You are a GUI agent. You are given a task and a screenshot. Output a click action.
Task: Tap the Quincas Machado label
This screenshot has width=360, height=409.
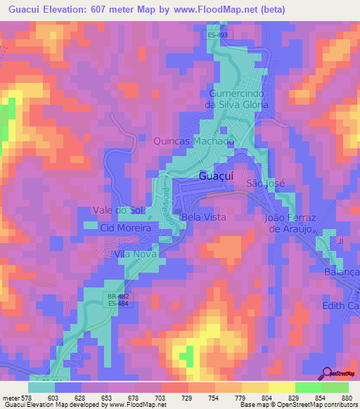click(194, 141)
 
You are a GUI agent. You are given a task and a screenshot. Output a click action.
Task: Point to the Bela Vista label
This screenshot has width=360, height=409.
click(204, 217)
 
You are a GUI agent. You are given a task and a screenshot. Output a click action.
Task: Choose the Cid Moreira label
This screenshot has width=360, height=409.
click(126, 228)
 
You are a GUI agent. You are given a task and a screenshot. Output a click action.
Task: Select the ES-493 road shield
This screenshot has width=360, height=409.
click(217, 34)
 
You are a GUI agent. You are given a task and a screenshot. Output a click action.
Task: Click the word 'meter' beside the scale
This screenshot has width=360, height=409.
click(10, 398)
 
